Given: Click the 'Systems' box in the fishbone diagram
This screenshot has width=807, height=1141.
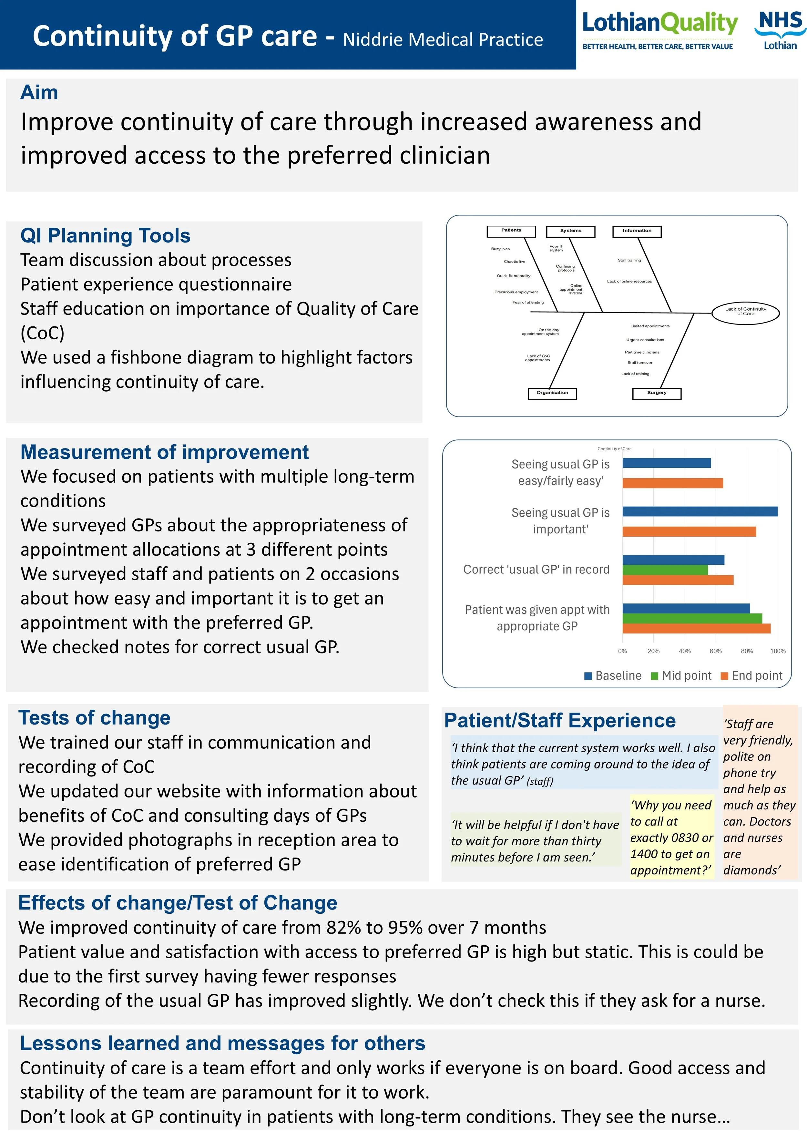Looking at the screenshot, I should click(x=570, y=231).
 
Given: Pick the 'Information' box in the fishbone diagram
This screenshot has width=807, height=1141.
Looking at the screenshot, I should click(x=637, y=231).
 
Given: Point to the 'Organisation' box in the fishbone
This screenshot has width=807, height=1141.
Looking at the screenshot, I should click(x=552, y=394).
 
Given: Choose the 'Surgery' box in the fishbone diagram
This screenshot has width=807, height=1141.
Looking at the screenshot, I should click(x=657, y=394).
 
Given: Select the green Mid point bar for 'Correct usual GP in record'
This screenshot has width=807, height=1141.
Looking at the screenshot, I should click(x=665, y=570).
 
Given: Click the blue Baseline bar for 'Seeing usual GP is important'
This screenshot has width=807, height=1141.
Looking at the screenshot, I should click(x=700, y=511).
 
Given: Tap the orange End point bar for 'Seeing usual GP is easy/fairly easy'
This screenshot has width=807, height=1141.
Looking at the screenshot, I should click(x=672, y=483).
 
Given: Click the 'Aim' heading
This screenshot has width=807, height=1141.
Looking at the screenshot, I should click(x=39, y=92).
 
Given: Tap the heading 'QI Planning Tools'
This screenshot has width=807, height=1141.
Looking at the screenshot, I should click(x=105, y=236).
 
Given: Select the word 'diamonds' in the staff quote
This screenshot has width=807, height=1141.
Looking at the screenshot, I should click(x=751, y=870).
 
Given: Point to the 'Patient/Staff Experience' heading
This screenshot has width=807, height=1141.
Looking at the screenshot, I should click(x=560, y=720).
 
